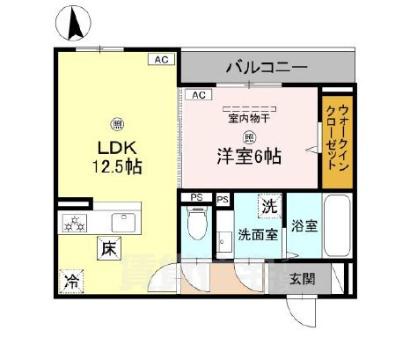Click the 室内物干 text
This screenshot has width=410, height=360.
(250, 117)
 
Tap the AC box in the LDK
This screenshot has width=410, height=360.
(161, 59)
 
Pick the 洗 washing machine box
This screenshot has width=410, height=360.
(269, 208)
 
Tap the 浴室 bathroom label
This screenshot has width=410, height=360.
(304, 225)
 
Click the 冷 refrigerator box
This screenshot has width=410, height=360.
(70, 283)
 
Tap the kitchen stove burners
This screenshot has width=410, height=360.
(75, 223)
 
